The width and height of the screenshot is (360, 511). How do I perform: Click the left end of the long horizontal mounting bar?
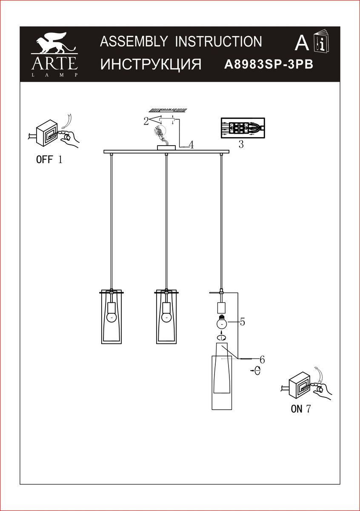pyautogui.click(x=104, y=152)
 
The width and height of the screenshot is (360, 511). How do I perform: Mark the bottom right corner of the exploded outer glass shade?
pyautogui.click(x=231, y=410)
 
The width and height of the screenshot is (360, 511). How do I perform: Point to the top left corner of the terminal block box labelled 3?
pyautogui.click(x=221, y=118)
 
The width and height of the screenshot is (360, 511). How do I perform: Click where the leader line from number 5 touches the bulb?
pyautogui.click(x=227, y=322)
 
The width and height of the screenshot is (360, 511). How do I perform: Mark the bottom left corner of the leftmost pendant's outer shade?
pyautogui.click(x=101, y=343)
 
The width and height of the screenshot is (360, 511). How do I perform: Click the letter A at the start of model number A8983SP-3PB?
pyautogui.click(x=228, y=65)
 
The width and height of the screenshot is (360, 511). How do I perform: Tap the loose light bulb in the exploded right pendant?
pyautogui.click(x=222, y=322)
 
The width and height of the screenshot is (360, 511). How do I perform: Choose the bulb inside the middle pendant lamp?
pyautogui.click(x=166, y=317)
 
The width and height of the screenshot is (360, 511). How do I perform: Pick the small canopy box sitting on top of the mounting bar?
pyautogui.click(x=166, y=148)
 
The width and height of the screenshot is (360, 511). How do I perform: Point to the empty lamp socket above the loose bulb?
pyautogui.click(x=221, y=307)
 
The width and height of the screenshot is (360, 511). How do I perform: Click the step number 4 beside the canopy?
pyautogui.click(x=191, y=145)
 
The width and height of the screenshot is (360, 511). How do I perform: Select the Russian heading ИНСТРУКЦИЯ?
pyautogui.click(x=151, y=64)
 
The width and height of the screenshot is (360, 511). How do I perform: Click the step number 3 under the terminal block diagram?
pyautogui.click(x=241, y=144)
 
